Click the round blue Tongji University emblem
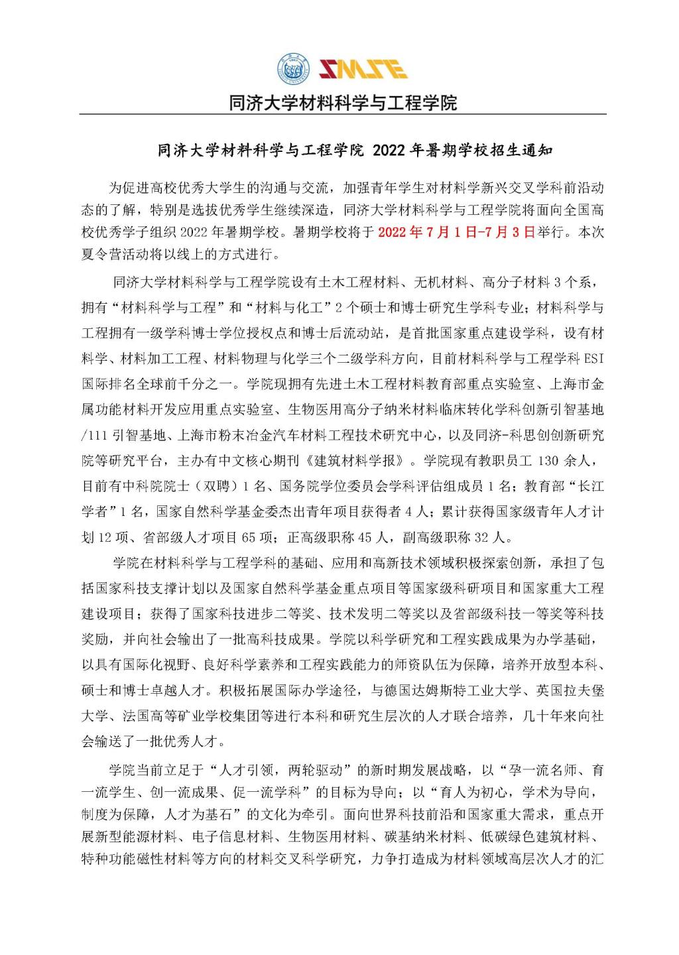pos(293,68)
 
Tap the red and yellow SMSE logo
pos(363,68)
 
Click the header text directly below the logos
pos(343,103)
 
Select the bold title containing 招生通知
pos(355,151)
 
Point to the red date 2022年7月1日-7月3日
pos(456,233)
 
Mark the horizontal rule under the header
pos(343,115)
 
